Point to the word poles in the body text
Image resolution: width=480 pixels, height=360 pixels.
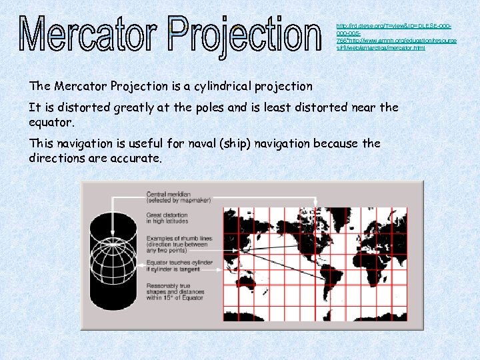click(x=244, y=107)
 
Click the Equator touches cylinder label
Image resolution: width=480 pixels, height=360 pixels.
click(x=179, y=266)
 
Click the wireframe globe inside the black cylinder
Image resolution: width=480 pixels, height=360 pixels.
click(x=111, y=253)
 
